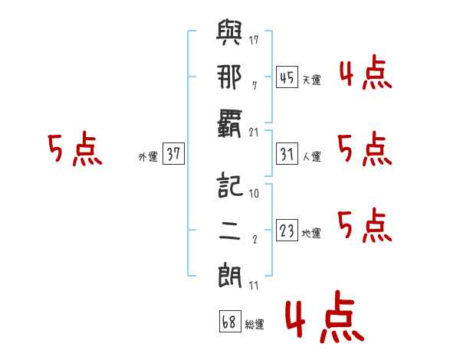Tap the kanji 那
228,78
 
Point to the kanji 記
228,187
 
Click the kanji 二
228,231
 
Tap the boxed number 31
287,154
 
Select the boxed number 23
287,231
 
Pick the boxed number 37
173,154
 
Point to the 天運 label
311,80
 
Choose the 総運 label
255,324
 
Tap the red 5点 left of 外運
75,150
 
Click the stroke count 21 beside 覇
254,132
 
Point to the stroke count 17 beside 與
254,38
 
